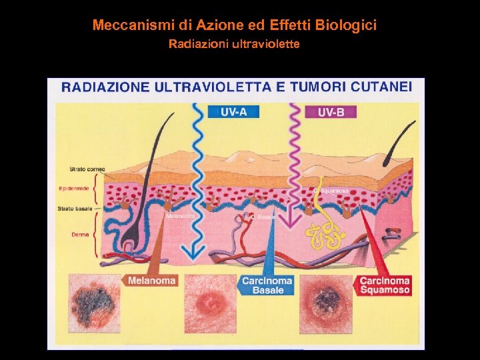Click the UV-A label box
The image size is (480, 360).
tap(233, 111)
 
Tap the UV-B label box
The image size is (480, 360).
tap(331, 112)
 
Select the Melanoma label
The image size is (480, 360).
tap(153, 281)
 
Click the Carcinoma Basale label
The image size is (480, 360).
tap(267, 285)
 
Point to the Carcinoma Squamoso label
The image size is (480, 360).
tap(385, 285)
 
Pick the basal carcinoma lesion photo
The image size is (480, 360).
tap(211, 304)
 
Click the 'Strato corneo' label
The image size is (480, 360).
tap(87, 169)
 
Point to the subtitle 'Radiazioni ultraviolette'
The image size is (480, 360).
tap(234, 45)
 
